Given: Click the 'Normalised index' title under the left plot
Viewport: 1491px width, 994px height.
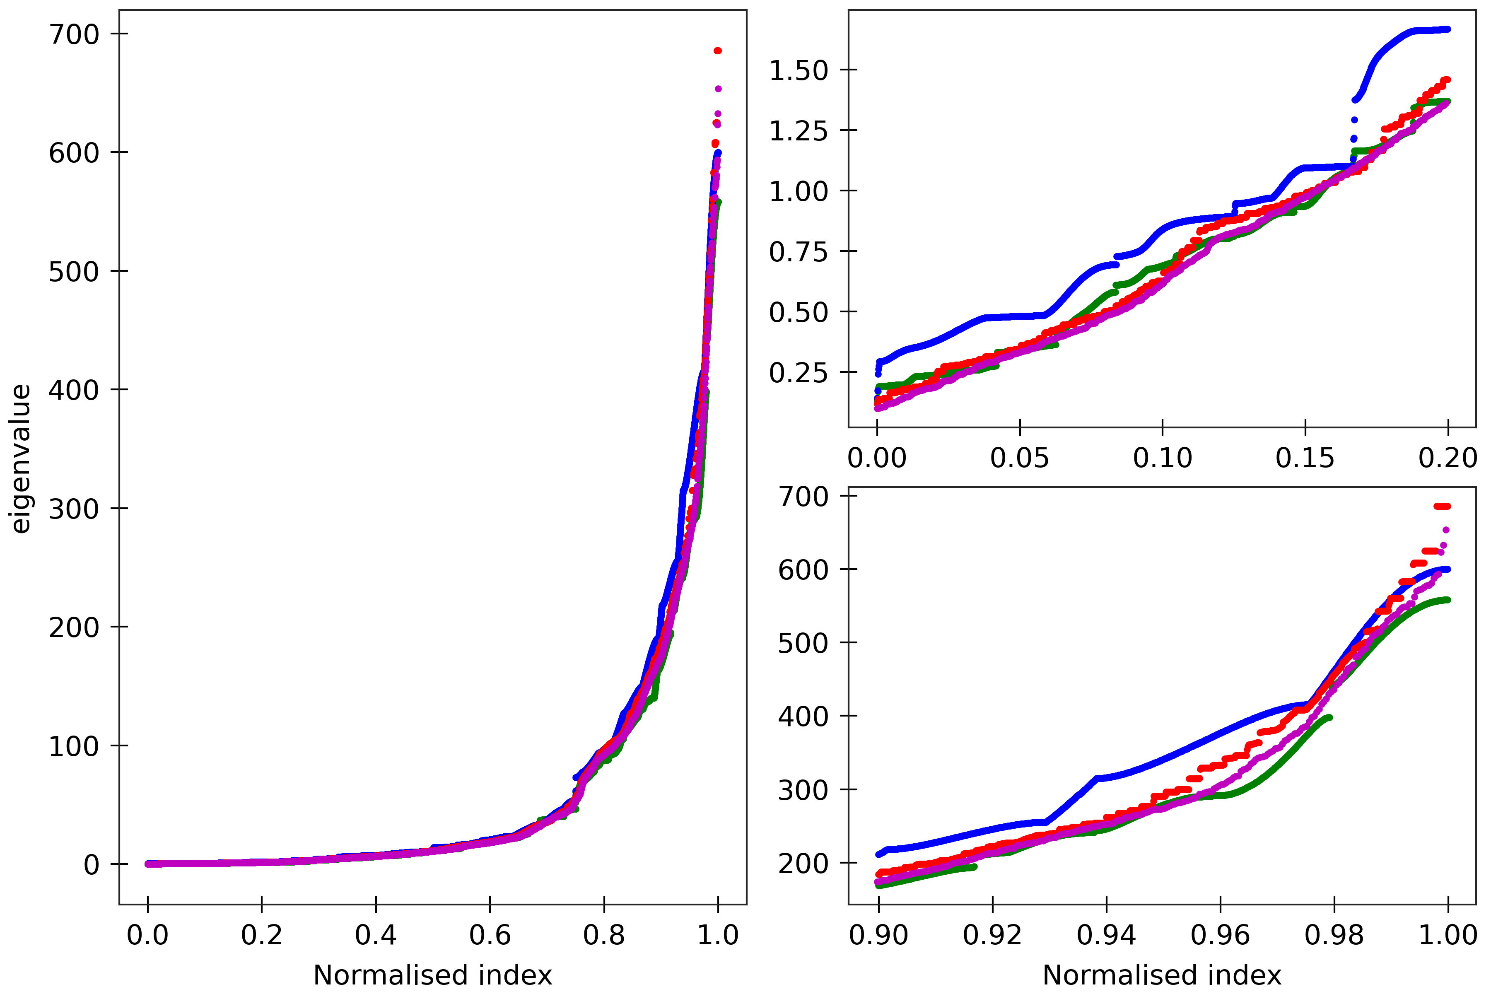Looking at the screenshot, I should [x=432, y=975].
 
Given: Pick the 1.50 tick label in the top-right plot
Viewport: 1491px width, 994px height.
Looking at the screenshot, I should [x=798, y=70].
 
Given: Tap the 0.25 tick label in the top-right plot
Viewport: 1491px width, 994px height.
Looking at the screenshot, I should [x=798, y=373].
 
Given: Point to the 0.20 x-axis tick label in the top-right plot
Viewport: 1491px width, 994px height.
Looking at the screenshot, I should [x=1447, y=458].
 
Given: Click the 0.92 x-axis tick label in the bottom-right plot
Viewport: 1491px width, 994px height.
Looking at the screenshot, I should [x=992, y=935].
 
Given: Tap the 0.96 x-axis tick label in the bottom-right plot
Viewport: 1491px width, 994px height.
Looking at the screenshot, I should [x=1220, y=935].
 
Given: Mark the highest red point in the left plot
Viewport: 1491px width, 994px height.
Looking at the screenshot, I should [x=718, y=51].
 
